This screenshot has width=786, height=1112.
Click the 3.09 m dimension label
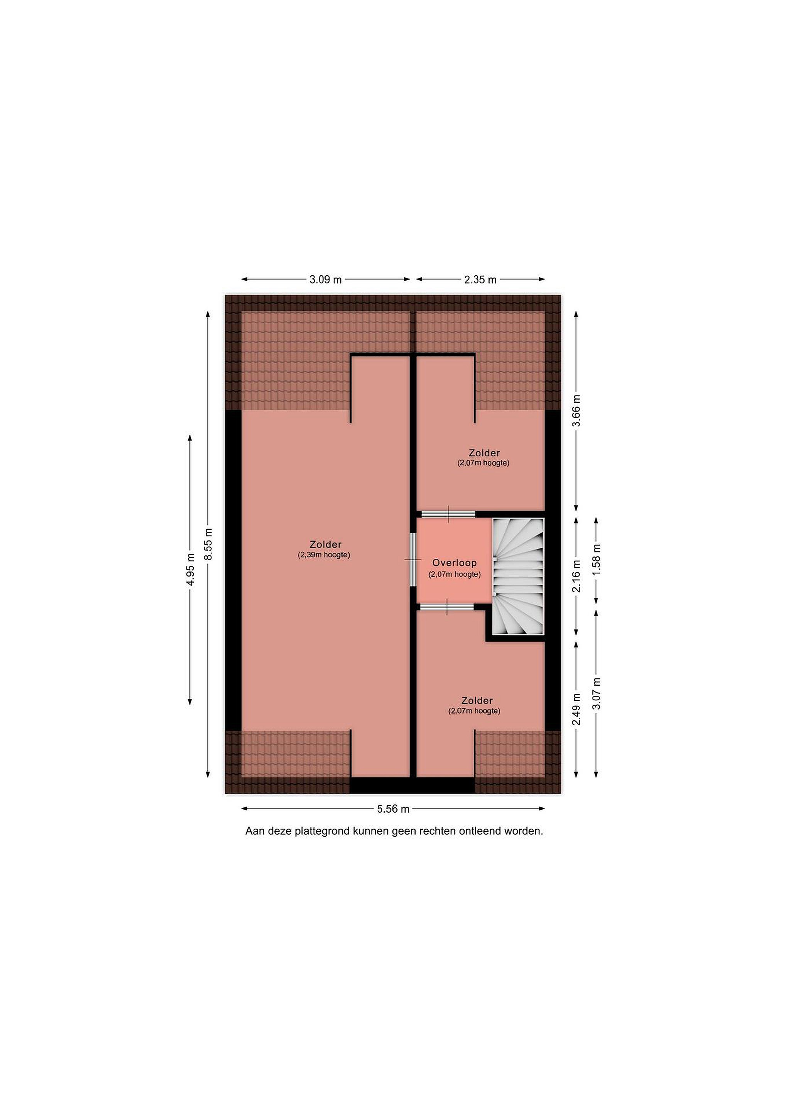[326, 280]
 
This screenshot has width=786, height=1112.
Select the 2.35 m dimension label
[481, 280]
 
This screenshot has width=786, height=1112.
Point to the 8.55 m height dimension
[208, 543]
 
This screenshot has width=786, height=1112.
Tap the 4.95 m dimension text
[190, 570]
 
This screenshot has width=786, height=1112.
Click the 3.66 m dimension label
[576, 411]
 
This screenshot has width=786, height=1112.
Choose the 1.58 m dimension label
[596, 560]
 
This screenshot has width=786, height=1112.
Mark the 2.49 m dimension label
[576, 710]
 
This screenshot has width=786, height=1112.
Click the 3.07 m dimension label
[596, 693]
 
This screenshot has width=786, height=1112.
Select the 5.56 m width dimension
[393, 809]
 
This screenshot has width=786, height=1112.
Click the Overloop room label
[455, 563]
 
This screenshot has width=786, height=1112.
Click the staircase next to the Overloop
[518, 576]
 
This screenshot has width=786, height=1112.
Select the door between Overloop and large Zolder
[413, 559]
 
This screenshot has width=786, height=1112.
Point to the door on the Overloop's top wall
[448, 514]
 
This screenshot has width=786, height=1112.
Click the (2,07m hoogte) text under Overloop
[455, 575]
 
